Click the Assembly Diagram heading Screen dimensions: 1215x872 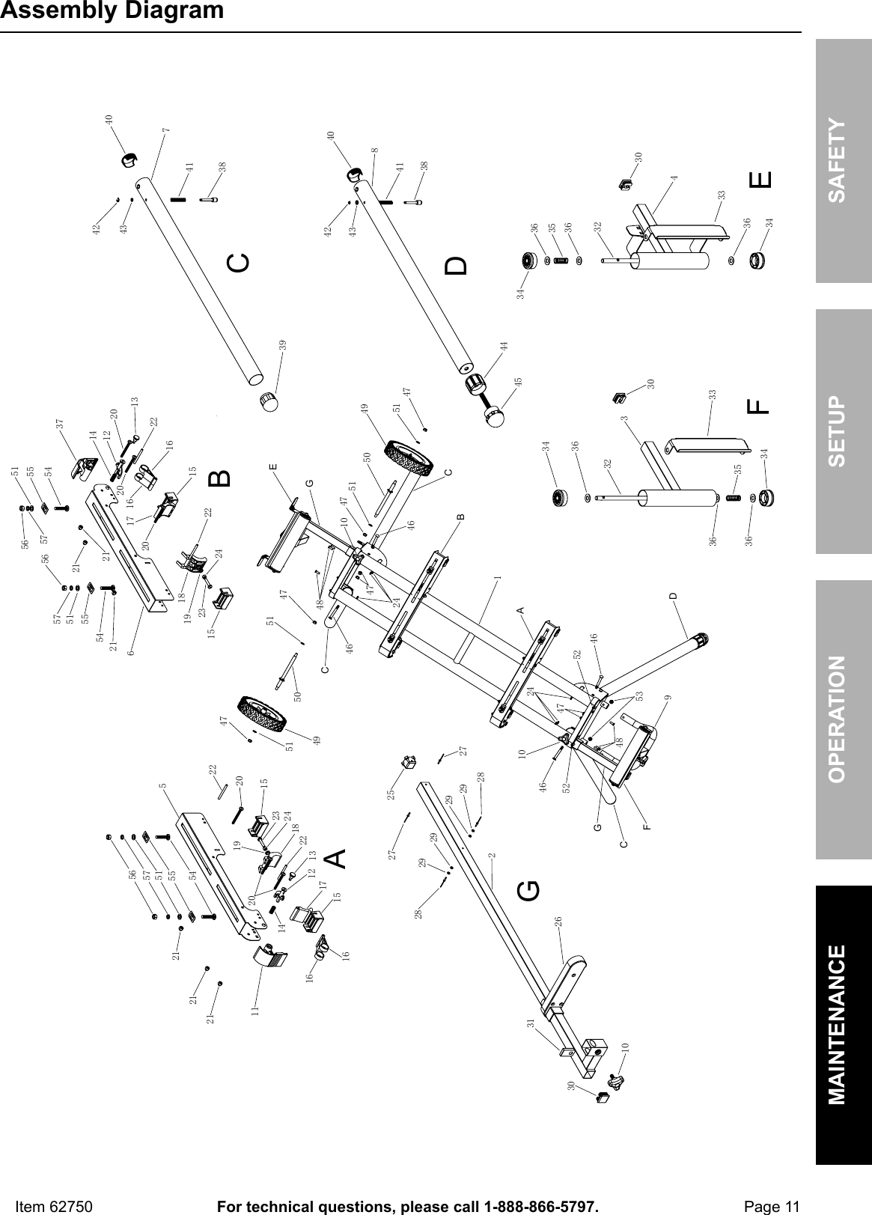[112, 11]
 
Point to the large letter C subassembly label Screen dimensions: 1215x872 [238, 263]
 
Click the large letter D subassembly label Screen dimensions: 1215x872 [456, 265]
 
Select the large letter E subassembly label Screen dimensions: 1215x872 [759, 180]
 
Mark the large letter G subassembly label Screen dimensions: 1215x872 [528, 890]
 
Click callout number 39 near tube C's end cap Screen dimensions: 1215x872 [282, 346]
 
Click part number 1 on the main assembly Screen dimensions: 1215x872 [497, 579]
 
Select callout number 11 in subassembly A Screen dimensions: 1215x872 [254, 1010]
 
